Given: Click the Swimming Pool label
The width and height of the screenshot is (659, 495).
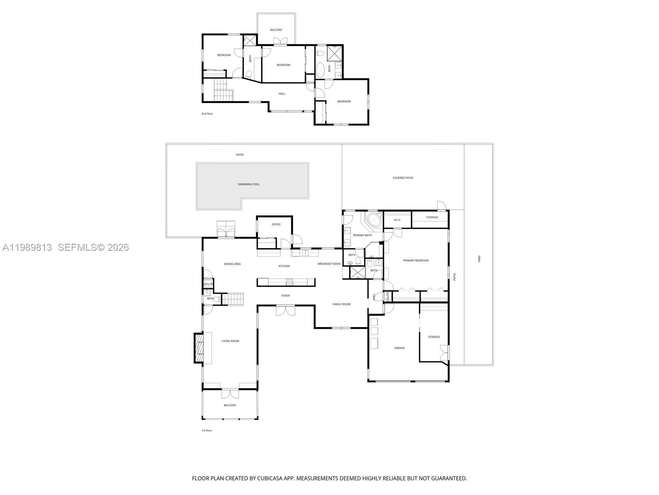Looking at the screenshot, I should point(248,184).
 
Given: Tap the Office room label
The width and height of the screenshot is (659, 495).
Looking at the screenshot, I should point(276,224).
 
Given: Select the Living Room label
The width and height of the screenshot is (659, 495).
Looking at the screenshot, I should point(230,341).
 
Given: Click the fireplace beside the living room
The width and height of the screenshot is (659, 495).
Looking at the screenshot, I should point(199,349).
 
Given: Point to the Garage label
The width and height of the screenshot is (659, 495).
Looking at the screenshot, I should point(400,348).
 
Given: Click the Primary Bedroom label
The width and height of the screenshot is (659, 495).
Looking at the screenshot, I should point(416,261).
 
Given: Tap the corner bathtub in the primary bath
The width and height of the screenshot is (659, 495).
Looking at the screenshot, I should point(374,220).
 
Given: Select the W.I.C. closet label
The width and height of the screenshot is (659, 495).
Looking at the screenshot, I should point(397,220).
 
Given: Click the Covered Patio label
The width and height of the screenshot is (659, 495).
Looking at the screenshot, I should point(403,178).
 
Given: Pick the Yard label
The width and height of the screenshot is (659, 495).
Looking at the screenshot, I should point(479,259).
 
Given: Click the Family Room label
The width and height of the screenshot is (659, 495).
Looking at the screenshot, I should point(341,304).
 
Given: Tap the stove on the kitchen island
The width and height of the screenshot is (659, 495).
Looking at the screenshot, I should point(290,282).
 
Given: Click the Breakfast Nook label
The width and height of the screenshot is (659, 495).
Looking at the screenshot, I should point(329,264).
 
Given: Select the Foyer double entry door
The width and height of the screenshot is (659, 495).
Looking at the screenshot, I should point(285,311).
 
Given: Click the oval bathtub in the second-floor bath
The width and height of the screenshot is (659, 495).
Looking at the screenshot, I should point(320,71).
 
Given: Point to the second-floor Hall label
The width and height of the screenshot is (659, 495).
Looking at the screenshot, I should point(282,94).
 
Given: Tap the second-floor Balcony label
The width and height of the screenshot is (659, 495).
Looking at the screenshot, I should point(276,30).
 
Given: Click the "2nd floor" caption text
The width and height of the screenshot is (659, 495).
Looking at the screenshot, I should point(207,113).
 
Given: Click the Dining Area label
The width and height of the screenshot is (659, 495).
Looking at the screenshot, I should point(232,264).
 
